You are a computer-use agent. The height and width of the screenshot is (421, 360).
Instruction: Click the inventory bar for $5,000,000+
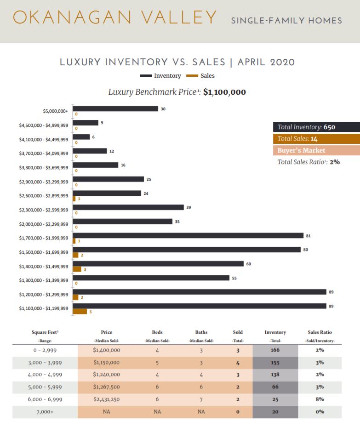115,109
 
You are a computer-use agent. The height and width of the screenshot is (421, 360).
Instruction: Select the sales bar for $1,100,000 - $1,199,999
80,312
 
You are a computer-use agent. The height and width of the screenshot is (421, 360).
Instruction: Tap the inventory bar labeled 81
188,235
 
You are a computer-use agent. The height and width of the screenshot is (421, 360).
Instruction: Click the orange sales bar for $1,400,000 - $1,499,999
77,269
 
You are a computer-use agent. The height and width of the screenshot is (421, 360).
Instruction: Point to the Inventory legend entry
160,76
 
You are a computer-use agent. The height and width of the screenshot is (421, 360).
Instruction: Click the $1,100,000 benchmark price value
224,92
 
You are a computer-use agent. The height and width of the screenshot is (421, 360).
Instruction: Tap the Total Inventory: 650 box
316,127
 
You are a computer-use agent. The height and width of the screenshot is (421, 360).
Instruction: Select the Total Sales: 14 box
316,138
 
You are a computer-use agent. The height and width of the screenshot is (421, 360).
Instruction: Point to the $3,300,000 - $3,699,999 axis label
44,168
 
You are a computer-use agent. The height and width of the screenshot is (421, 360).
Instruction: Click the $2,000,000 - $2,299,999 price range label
44,224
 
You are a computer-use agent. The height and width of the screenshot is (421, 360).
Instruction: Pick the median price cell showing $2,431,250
106,399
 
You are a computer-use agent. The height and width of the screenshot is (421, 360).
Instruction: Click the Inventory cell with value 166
275,350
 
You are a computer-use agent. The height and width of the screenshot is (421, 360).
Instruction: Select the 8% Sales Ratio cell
320,399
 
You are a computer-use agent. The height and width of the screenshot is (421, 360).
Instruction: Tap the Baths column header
201,332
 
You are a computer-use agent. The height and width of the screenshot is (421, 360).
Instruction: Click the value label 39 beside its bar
189,208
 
